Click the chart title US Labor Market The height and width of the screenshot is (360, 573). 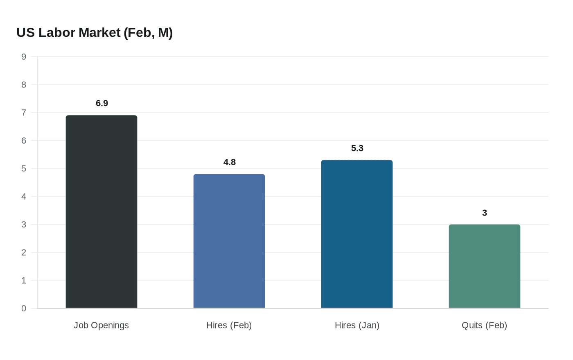pos(95,32)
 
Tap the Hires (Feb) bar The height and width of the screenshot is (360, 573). pos(229,241)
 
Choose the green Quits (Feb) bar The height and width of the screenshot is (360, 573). pos(485,266)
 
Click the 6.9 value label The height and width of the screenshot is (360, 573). pos(102,103)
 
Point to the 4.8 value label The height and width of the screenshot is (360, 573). pos(230,162)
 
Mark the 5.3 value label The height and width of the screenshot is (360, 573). pos(357,148)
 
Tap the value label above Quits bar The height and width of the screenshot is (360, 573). pos(485,213)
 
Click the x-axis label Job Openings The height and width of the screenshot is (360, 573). pos(101,325)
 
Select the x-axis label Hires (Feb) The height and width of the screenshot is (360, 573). pos(229,325)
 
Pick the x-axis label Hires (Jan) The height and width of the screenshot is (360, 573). pos(357,325)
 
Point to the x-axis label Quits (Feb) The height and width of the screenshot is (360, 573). pos(484,325)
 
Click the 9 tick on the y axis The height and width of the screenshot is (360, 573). pos(24,57)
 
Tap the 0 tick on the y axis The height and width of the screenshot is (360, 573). pos(24,308)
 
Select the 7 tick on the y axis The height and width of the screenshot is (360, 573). pos(24,112)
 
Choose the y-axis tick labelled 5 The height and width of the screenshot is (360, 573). pos(24,169)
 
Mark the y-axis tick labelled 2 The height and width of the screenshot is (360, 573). pos(24,252)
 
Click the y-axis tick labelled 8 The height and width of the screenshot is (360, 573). pos(24,85)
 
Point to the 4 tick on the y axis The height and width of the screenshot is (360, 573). pos(24,196)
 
